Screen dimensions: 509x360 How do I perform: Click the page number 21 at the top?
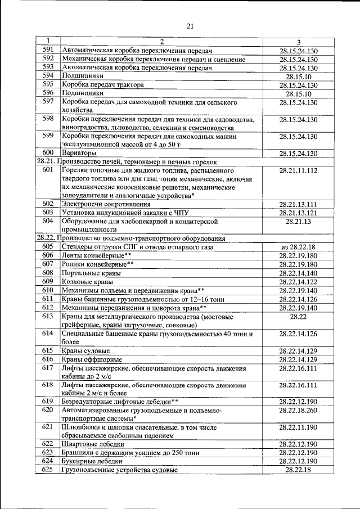pyautogui.click(x=189, y=25)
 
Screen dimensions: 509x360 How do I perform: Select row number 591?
pyautogui.click(x=48, y=51)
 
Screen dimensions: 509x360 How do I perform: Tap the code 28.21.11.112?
pyautogui.click(x=298, y=170)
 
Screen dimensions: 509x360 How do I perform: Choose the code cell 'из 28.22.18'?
pyautogui.click(x=298, y=247)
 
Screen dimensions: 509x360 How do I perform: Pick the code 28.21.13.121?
pyautogui.click(x=298, y=213)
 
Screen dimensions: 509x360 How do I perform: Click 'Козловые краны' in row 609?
pyautogui.click(x=87, y=281)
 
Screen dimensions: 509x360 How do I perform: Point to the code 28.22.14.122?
pyautogui.click(x=298, y=281)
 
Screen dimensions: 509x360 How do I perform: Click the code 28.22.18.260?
pyautogui.click(x=298, y=411)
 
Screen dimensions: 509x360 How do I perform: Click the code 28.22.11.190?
pyautogui.click(x=298, y=427)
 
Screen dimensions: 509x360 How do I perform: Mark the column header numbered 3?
pyautogui.click(x=298, y=42)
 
